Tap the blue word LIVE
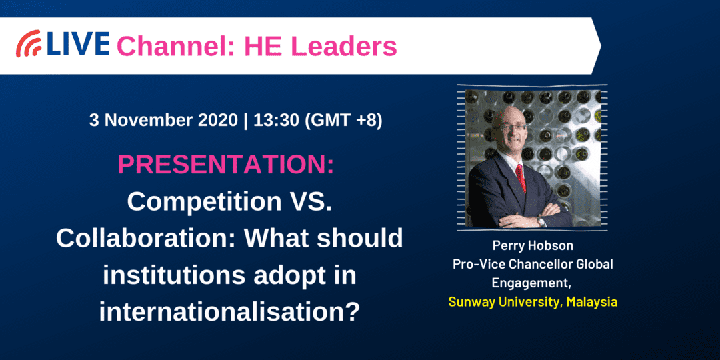[x=77, y=45]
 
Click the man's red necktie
[x=520, y=177]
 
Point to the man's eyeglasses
[x=509, y=127]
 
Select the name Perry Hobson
[x=533, y=245]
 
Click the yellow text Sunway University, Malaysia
[x=533, y=302]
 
